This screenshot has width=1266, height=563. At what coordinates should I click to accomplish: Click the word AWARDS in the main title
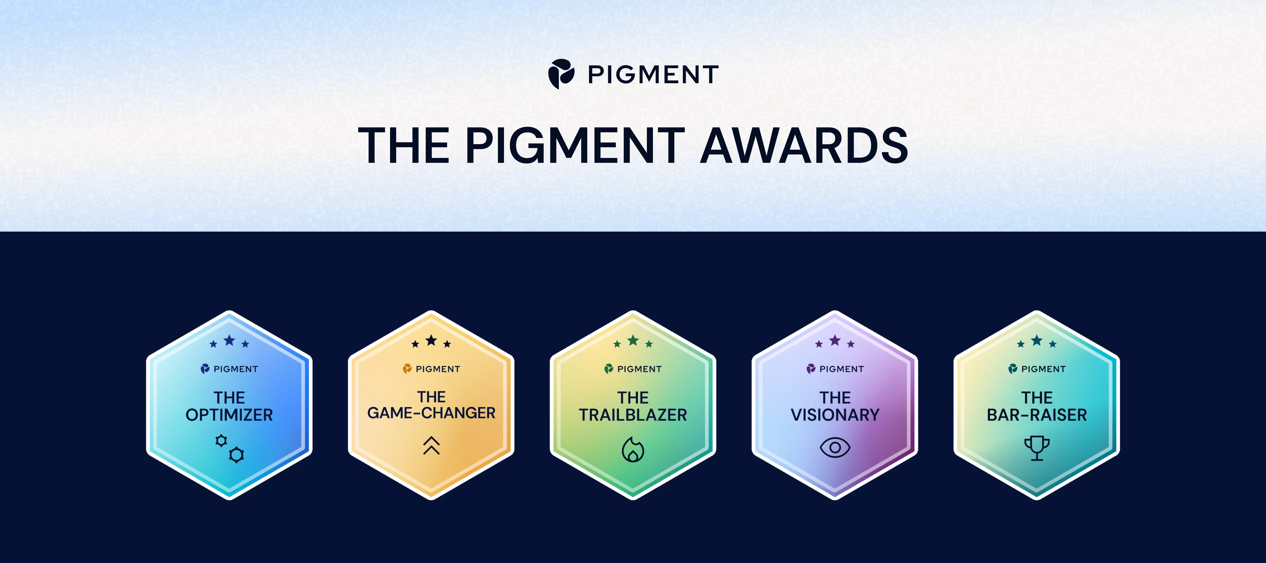804,146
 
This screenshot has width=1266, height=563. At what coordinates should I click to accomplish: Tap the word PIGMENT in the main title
575,146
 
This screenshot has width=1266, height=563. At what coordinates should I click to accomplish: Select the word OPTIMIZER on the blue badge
229,415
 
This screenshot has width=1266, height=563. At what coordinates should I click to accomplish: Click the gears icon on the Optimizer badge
229,448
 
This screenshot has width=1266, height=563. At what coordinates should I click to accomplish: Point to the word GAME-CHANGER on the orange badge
431,413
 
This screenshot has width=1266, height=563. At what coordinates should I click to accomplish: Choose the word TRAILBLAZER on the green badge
633,415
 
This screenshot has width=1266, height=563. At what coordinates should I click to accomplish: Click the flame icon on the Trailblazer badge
633,449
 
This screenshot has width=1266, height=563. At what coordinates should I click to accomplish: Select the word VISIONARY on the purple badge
835,415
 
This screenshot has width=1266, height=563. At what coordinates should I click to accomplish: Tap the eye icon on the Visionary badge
835,448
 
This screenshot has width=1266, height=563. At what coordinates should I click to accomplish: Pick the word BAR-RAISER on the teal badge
1037,415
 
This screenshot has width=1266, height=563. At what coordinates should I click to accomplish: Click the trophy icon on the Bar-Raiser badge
1037,448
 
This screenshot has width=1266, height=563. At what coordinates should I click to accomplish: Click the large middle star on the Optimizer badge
229,340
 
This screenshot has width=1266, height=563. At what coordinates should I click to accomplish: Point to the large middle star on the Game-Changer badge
431,340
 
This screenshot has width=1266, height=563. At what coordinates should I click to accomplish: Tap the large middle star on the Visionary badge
835,340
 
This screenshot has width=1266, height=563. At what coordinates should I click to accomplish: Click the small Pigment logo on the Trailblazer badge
609,369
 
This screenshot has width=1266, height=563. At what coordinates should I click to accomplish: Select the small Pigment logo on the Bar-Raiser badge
1013,369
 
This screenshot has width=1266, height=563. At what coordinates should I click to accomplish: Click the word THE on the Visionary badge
835,397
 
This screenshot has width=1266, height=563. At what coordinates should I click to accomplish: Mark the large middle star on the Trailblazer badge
633,340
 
